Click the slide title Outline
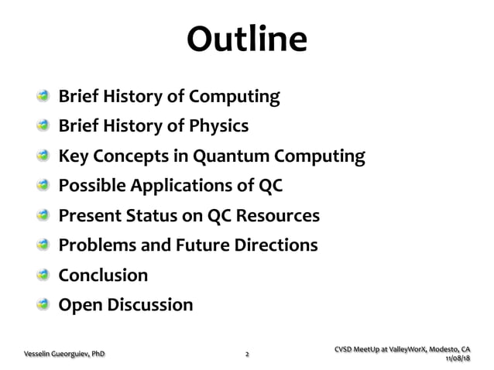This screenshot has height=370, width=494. pos(247,41)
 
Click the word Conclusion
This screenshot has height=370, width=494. pos(103,275)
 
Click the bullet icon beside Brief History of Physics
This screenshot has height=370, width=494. pos(46,127)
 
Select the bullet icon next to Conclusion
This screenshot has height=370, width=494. pos(46,275)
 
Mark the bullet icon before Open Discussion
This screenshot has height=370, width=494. pos(46,304)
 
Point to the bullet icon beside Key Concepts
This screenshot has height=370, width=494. pos(46,156)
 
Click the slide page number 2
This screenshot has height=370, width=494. pos(247,355)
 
